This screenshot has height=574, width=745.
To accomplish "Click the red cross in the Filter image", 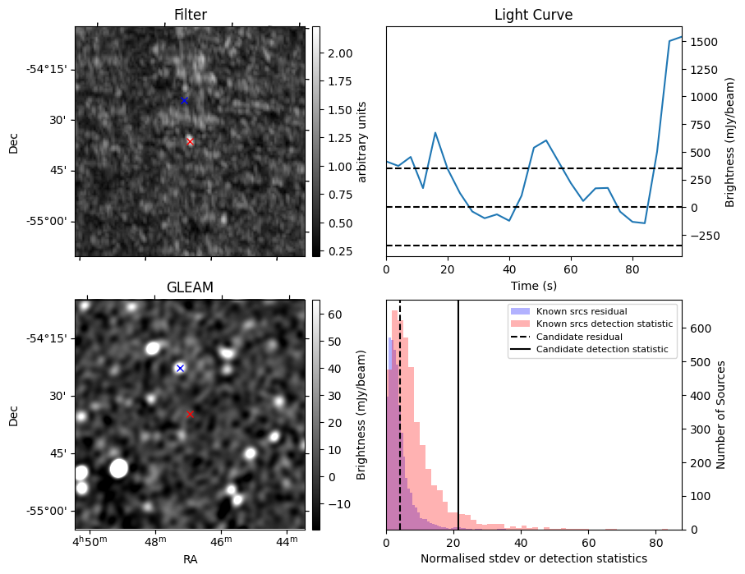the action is [190, 141].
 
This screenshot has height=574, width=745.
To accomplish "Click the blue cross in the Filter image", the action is [184, 101].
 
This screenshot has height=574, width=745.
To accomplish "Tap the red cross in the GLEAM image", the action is [190, 415].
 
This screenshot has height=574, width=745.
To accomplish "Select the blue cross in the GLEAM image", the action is [180, 368].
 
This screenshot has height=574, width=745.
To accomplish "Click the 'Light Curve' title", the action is [534, 15].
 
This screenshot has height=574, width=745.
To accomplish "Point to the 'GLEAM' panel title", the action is [190, 287].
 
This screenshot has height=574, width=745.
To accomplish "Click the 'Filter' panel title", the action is [191, 15].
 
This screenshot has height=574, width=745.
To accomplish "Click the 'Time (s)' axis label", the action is [534, 286].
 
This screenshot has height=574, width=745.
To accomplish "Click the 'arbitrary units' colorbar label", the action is [362, 141].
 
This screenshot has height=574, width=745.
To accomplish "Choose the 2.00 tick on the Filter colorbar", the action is [340, 53].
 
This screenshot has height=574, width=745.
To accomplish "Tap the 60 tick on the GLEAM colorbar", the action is [335, 315].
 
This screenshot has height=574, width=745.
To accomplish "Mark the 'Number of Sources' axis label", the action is [720, 415].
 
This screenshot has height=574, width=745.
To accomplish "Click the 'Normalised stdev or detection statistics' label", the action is [534, 558].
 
